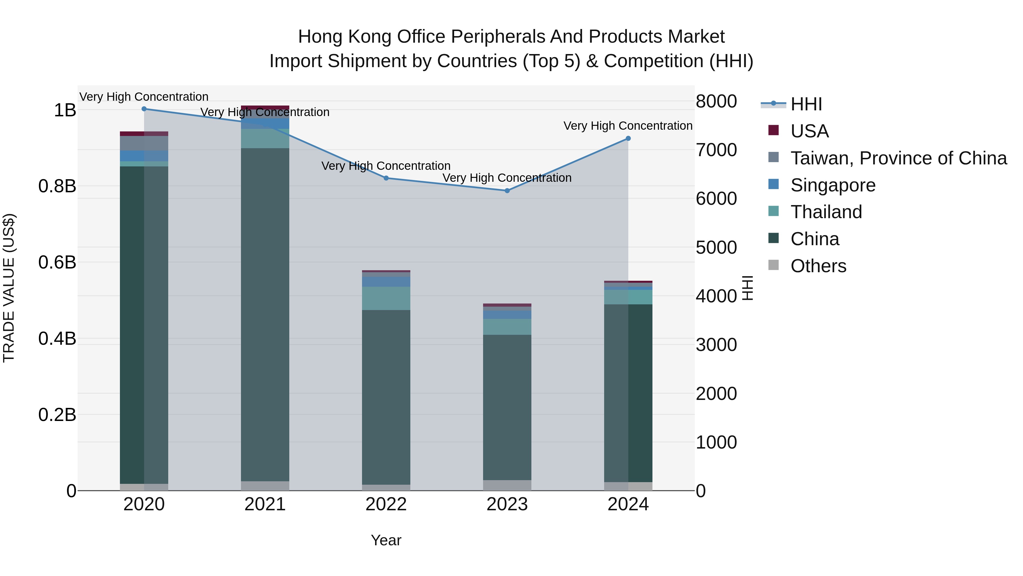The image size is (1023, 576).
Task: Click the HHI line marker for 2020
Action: pos(144,109)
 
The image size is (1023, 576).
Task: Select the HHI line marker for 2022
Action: pos(386,178)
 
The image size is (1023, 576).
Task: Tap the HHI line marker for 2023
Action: pos(507,191)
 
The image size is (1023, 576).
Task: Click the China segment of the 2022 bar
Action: pos(386,398)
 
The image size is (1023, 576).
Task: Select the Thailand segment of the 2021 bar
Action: pos(265,138)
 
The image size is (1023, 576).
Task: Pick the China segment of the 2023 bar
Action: pos(507,407)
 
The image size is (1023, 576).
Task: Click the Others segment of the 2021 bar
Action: pos(265,486)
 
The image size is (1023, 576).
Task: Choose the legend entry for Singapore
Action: pos(833,185)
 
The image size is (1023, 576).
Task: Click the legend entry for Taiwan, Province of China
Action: pos(898,158)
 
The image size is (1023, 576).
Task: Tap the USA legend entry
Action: pos(809,131)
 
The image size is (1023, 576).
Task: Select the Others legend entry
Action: pos(818,266)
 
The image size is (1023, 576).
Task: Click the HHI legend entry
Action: pos(806,104)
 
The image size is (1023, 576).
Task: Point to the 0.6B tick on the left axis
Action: pos(57,262)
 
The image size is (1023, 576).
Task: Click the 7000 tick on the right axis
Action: pos(716,150)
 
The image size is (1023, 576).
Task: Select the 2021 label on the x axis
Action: pos(265,504)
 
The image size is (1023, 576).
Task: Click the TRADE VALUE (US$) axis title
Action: pos(9,288)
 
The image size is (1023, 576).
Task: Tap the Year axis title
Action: pos(386,540)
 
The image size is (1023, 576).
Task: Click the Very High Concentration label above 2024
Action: pos(628,126)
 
